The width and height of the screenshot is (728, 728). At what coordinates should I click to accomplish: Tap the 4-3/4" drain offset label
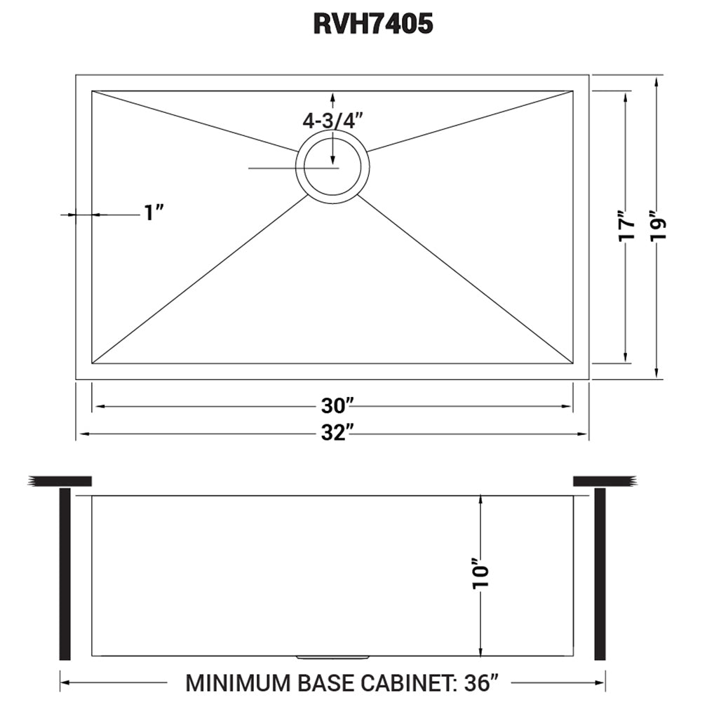click(335, 120)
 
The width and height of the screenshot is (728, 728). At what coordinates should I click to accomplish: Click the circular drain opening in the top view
click(333, 167)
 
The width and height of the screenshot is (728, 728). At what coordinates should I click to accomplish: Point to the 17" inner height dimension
click(626, 226)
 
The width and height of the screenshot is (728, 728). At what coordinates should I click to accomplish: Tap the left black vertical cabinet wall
click(65, 574)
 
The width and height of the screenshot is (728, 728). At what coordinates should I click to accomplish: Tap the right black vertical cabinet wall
click(600, 574)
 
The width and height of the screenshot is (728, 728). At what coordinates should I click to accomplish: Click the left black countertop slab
click(62, 481)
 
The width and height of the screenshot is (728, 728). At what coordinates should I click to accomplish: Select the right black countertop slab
click(604, 481)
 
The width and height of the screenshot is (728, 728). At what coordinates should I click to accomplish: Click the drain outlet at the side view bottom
click(333, 658)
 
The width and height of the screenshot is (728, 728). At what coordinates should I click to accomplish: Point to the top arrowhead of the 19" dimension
click(656, 81)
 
